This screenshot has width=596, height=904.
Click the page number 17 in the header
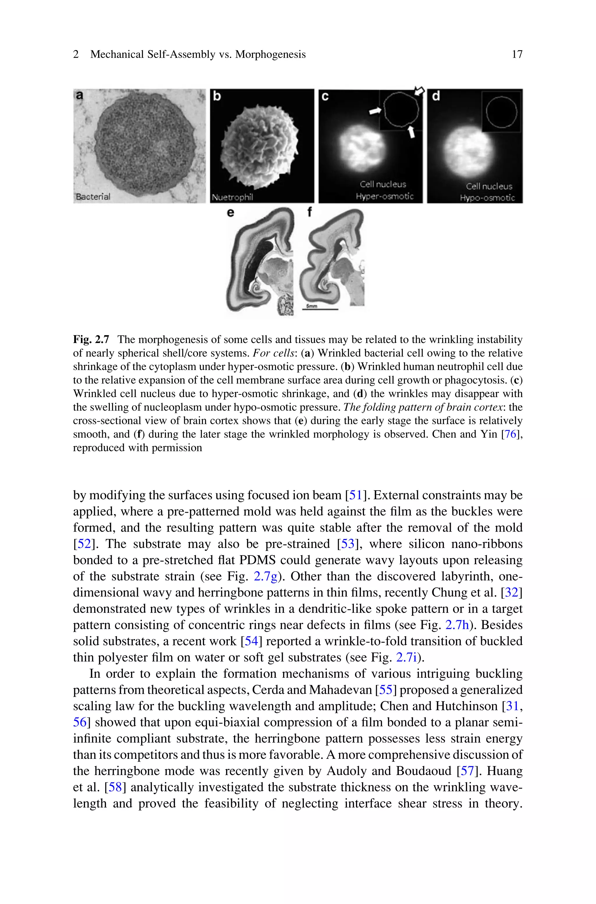coord(517,54)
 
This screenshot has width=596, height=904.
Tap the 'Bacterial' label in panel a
coord(93,197)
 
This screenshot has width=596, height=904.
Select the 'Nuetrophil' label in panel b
coord(232,197)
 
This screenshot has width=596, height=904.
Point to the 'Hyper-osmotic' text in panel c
coord(384,197)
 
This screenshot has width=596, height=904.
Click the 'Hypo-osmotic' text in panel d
coord(487,198)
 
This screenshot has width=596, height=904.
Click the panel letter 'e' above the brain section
coord(230,213)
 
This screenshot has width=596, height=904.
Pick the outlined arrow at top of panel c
coord(419,91)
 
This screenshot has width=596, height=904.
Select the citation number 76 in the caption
coord(510,434)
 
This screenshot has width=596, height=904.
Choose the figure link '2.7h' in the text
coord(457,625)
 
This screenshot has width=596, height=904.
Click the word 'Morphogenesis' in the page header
coord(270,54)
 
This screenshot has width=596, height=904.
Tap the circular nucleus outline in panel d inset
coord(501,112)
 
